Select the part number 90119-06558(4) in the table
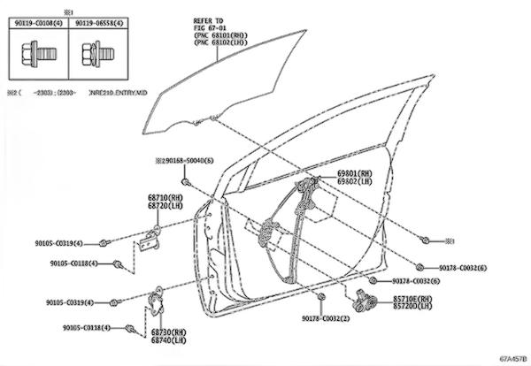[x=98, y=24]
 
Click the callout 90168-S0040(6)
[x=187, y=160]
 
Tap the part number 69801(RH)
[x=354, y=174]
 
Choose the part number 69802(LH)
[x=354, y=181]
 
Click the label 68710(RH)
[x=165, y=198]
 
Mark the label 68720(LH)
[x=165, y=205]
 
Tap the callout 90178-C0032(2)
[x=325, y=318]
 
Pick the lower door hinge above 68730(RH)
[x=158, y=301]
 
